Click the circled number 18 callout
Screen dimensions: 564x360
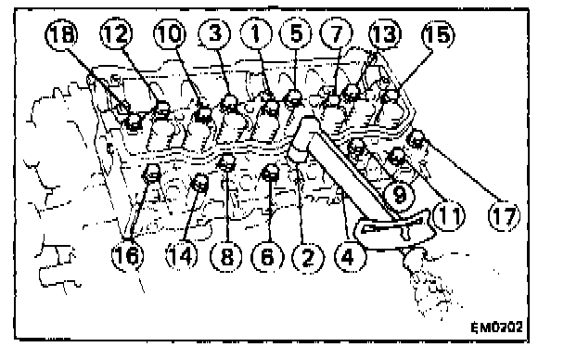click(61, 35)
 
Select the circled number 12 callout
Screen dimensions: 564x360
click(116, 34)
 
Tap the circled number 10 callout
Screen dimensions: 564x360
click(170, 34)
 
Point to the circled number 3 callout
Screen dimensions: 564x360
click(214, 33)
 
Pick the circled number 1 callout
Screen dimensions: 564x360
click(256, 33)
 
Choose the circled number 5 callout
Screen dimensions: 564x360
click(296, 33)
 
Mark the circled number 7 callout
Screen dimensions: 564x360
click(337, 33)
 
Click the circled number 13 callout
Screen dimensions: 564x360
click(385, 34)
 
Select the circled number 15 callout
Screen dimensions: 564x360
click(438, 35)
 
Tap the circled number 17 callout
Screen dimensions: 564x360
click(505, 215)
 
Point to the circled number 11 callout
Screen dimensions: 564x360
click(449, 215)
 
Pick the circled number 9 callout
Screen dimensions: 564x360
click(400, 195)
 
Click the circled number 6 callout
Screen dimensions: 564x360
click(267, 257)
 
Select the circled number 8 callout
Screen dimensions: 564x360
click(226, 257)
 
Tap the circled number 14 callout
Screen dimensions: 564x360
click(182, 256)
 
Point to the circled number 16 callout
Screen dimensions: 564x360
click(128, 256)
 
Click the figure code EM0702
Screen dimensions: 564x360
click(496, 328)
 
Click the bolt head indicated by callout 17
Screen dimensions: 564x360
click(417, 139)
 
